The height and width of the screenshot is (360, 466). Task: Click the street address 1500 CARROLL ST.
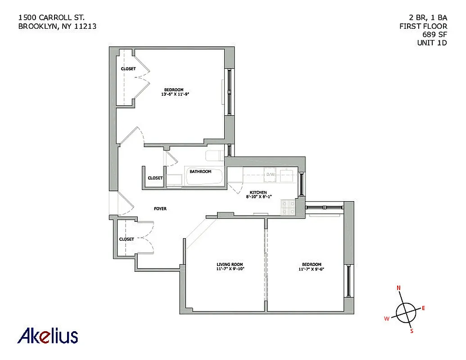pos(51,18)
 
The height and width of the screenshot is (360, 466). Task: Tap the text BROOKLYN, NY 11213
pos(57,26)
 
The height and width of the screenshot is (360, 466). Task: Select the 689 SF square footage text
pos(434,35)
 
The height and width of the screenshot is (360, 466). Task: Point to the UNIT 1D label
pos(432,43)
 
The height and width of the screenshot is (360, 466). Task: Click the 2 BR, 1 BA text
pos(425,18)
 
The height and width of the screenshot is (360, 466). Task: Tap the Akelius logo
pos(48,336)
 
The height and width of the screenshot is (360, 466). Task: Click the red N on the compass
pos(398,288)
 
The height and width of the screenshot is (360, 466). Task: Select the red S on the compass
pos(411,332)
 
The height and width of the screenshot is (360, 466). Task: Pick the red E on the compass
pos(423,308)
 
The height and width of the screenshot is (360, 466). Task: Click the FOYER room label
pos(160,209)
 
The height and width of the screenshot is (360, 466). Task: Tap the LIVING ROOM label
pos(230,265)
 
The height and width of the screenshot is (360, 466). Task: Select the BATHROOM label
pos(200,171)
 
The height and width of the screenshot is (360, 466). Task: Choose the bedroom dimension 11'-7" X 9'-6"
pos(311,269)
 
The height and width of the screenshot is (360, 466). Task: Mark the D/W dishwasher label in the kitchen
pos(270,174)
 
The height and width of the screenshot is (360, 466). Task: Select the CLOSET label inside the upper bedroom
pos(128,69)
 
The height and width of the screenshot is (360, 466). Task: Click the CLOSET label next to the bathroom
pos(155,178)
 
